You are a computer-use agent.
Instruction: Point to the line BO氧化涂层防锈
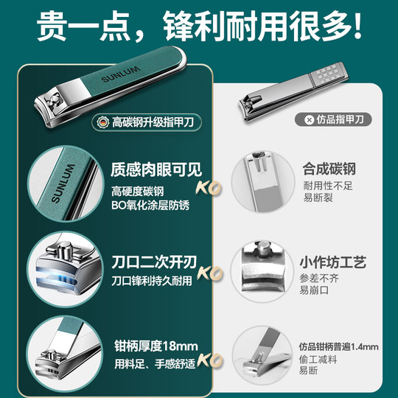[x=151, y=205]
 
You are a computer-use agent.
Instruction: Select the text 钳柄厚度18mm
[x=156, y=345]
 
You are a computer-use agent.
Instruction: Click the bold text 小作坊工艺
[x=334, y=262]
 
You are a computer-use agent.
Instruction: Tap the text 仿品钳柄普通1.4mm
[x=339, y=346]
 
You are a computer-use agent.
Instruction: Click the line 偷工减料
[x=318, y=360]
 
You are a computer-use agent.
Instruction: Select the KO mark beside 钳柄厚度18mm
[x=212, y=360]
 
